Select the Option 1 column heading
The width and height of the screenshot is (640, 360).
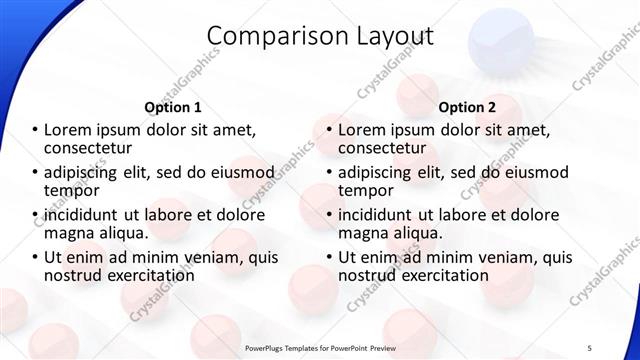pos(173,107)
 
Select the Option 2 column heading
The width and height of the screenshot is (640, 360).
pos(467,107)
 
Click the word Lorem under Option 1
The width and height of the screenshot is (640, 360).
pos(73,130)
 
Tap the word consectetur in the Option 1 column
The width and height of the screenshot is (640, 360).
pos(95,149)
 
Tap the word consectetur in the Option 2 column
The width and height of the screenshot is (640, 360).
pos(388,149)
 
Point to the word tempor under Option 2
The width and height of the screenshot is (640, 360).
pos(366,191)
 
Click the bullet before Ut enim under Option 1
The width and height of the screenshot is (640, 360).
pos(36,257)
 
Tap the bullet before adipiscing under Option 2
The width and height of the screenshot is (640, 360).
pos(329,172)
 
